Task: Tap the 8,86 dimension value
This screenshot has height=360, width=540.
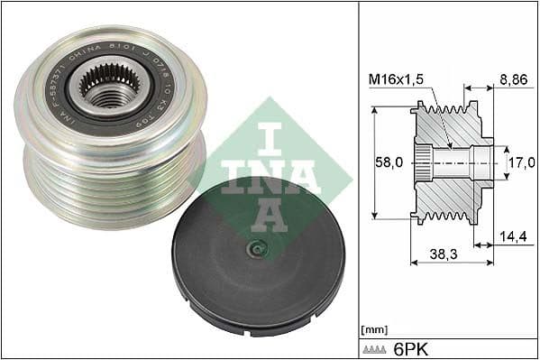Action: click(514, 79)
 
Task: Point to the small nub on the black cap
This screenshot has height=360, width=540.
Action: click(258, 250)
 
